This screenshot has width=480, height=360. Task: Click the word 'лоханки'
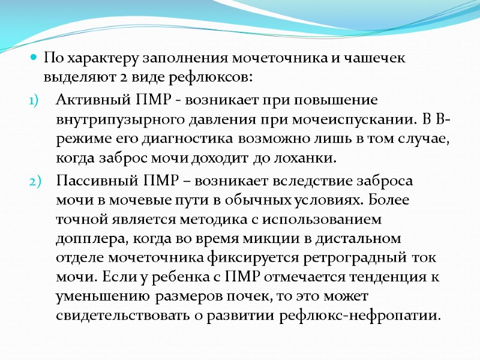point(307,158)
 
